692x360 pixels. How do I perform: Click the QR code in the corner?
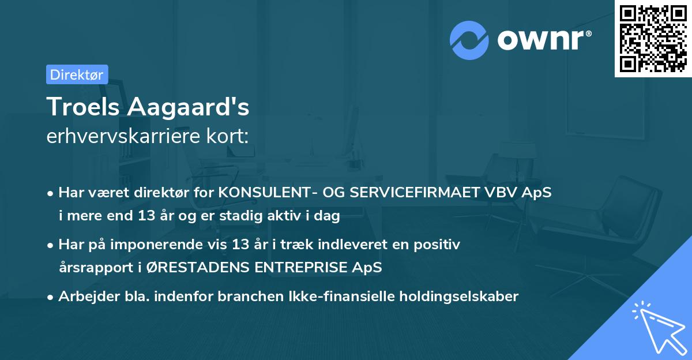tap(653, 39)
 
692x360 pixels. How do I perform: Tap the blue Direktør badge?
tap(77, 74)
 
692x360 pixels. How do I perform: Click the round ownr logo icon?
tap(469, 40)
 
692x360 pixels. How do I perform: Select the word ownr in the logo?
tap(543, 41)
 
